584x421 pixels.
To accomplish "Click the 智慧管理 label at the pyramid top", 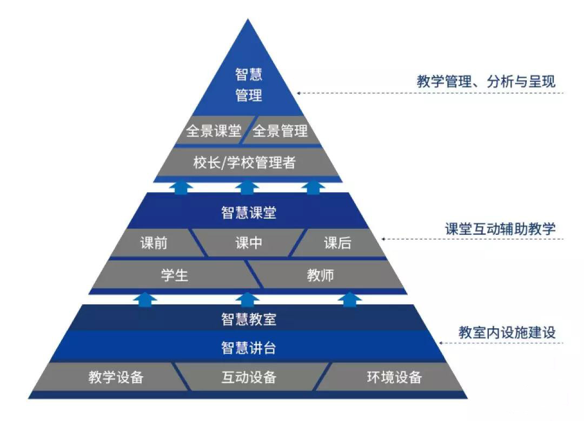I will click(x=249, y=85).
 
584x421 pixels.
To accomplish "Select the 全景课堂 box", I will click(x=214, y=131).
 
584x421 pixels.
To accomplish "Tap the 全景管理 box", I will click(x=280, y=131).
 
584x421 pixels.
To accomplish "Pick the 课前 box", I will click(x=154, y=243).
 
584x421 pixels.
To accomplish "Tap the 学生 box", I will click(x=174, y=275).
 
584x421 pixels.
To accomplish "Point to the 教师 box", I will click(x=321, y=275).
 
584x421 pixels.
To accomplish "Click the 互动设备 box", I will click(x=249, y=377).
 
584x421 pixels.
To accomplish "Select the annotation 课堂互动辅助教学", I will click(x=497, y=229).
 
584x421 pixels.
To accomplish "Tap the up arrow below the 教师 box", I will click(x=351, y=298).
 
